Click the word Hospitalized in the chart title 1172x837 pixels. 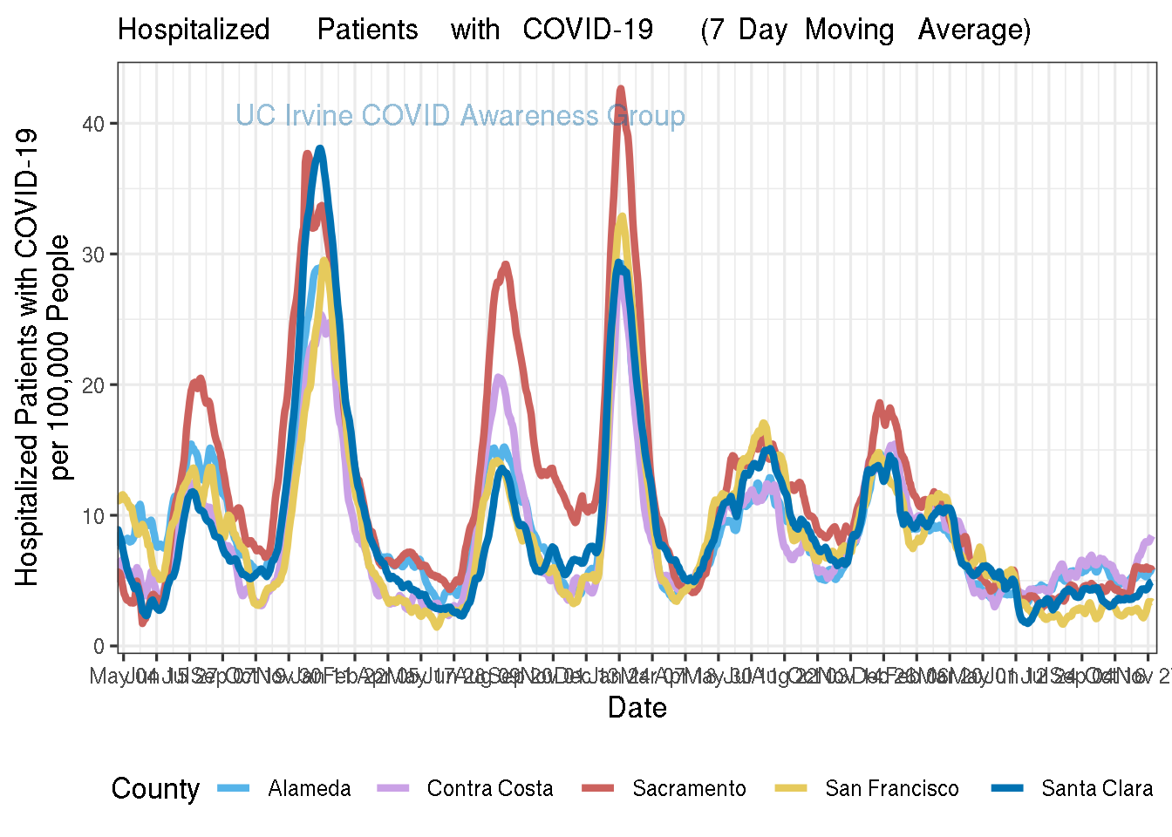(194, 31)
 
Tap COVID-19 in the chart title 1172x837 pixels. (588, 31)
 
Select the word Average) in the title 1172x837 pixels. (974, 31)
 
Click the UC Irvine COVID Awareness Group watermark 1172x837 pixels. (460, 116)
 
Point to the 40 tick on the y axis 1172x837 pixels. (93, 124)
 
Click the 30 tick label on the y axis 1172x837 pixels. (93, 255)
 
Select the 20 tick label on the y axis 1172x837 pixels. (93, 385)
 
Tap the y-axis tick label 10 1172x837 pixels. (93, 516)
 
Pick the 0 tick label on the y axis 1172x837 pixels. (99, 647)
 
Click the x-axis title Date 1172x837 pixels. (637, 708)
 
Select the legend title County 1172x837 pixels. (155, 789)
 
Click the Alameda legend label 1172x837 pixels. (310, 789)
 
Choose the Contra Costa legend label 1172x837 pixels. (490, 789)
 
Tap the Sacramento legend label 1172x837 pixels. (689, 789)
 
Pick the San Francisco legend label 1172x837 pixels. (892, 789)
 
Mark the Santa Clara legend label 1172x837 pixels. (1097, 789)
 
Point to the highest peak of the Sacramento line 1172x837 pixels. (621, 89)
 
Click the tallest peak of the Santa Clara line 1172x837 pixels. (321, 149)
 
